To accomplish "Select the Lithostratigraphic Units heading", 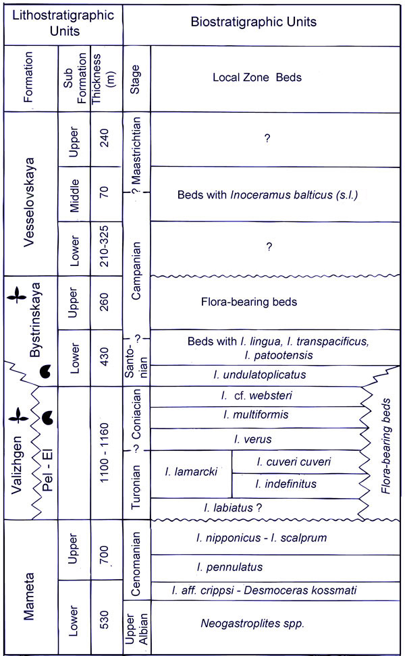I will tap(61, 22).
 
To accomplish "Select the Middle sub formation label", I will tap(75, 192).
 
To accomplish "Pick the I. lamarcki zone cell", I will tap(191, 472).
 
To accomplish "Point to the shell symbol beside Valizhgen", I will tap(47, 420).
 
